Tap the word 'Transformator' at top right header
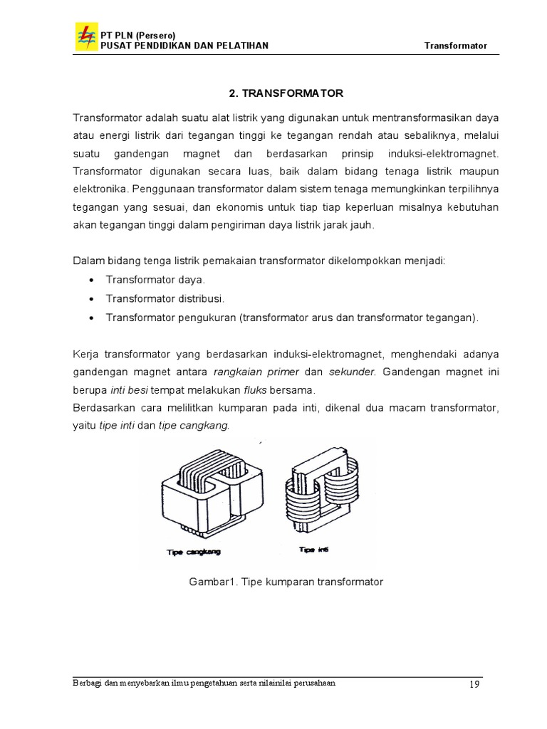(456, 46)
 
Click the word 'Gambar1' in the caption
(212, 582)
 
